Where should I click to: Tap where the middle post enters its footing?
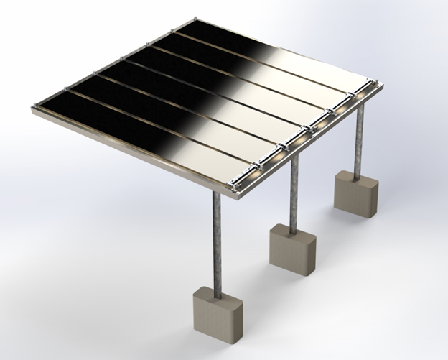[x=293, y=228]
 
